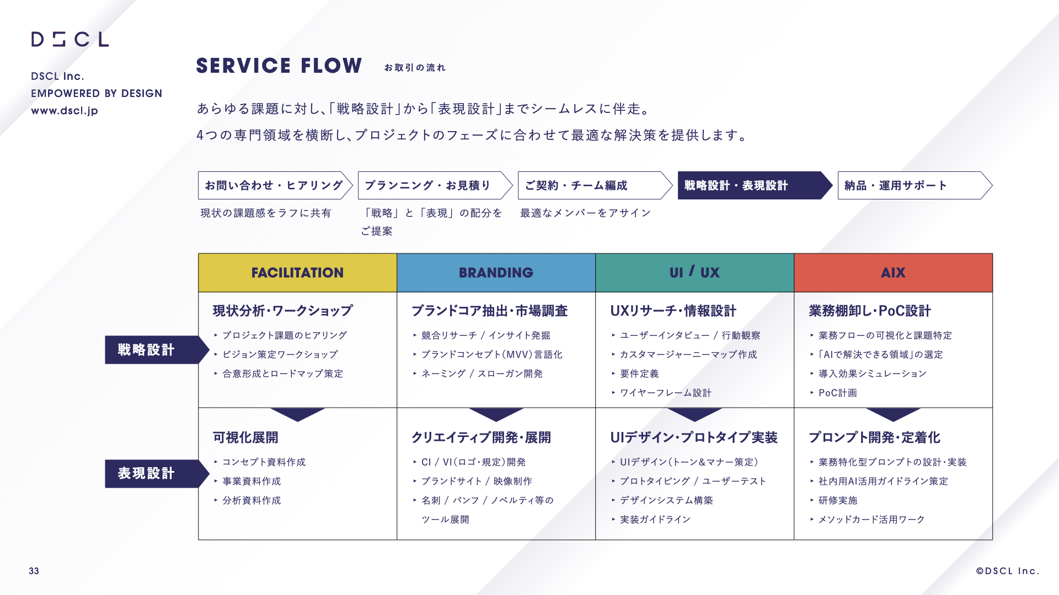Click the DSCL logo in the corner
pyautogui.click(x=70, y=39)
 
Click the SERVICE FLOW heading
pyautogui.click(x=279, y=66)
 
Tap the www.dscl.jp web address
pyautogui.click(x=65, y=111)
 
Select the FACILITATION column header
pyautogui.click(x=297, y=273)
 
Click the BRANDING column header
pyautogui.click(x=496, y=273)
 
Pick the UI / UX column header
pyautogui.click(x=694, y=273)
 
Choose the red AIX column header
pyautogui.click(x=893, y=273)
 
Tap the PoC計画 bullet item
pyautogui.click(x=838, y=393)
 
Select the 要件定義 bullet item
pyautogui.click(x=639, y=374)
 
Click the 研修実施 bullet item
pyautogui.click(x=838, y=500)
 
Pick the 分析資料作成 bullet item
pyautogui.click(x=252, y=500)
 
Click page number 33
pyautogui.click(x=34, y=571)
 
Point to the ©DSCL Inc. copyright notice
pyautogui.click(x=1008, y=571)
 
